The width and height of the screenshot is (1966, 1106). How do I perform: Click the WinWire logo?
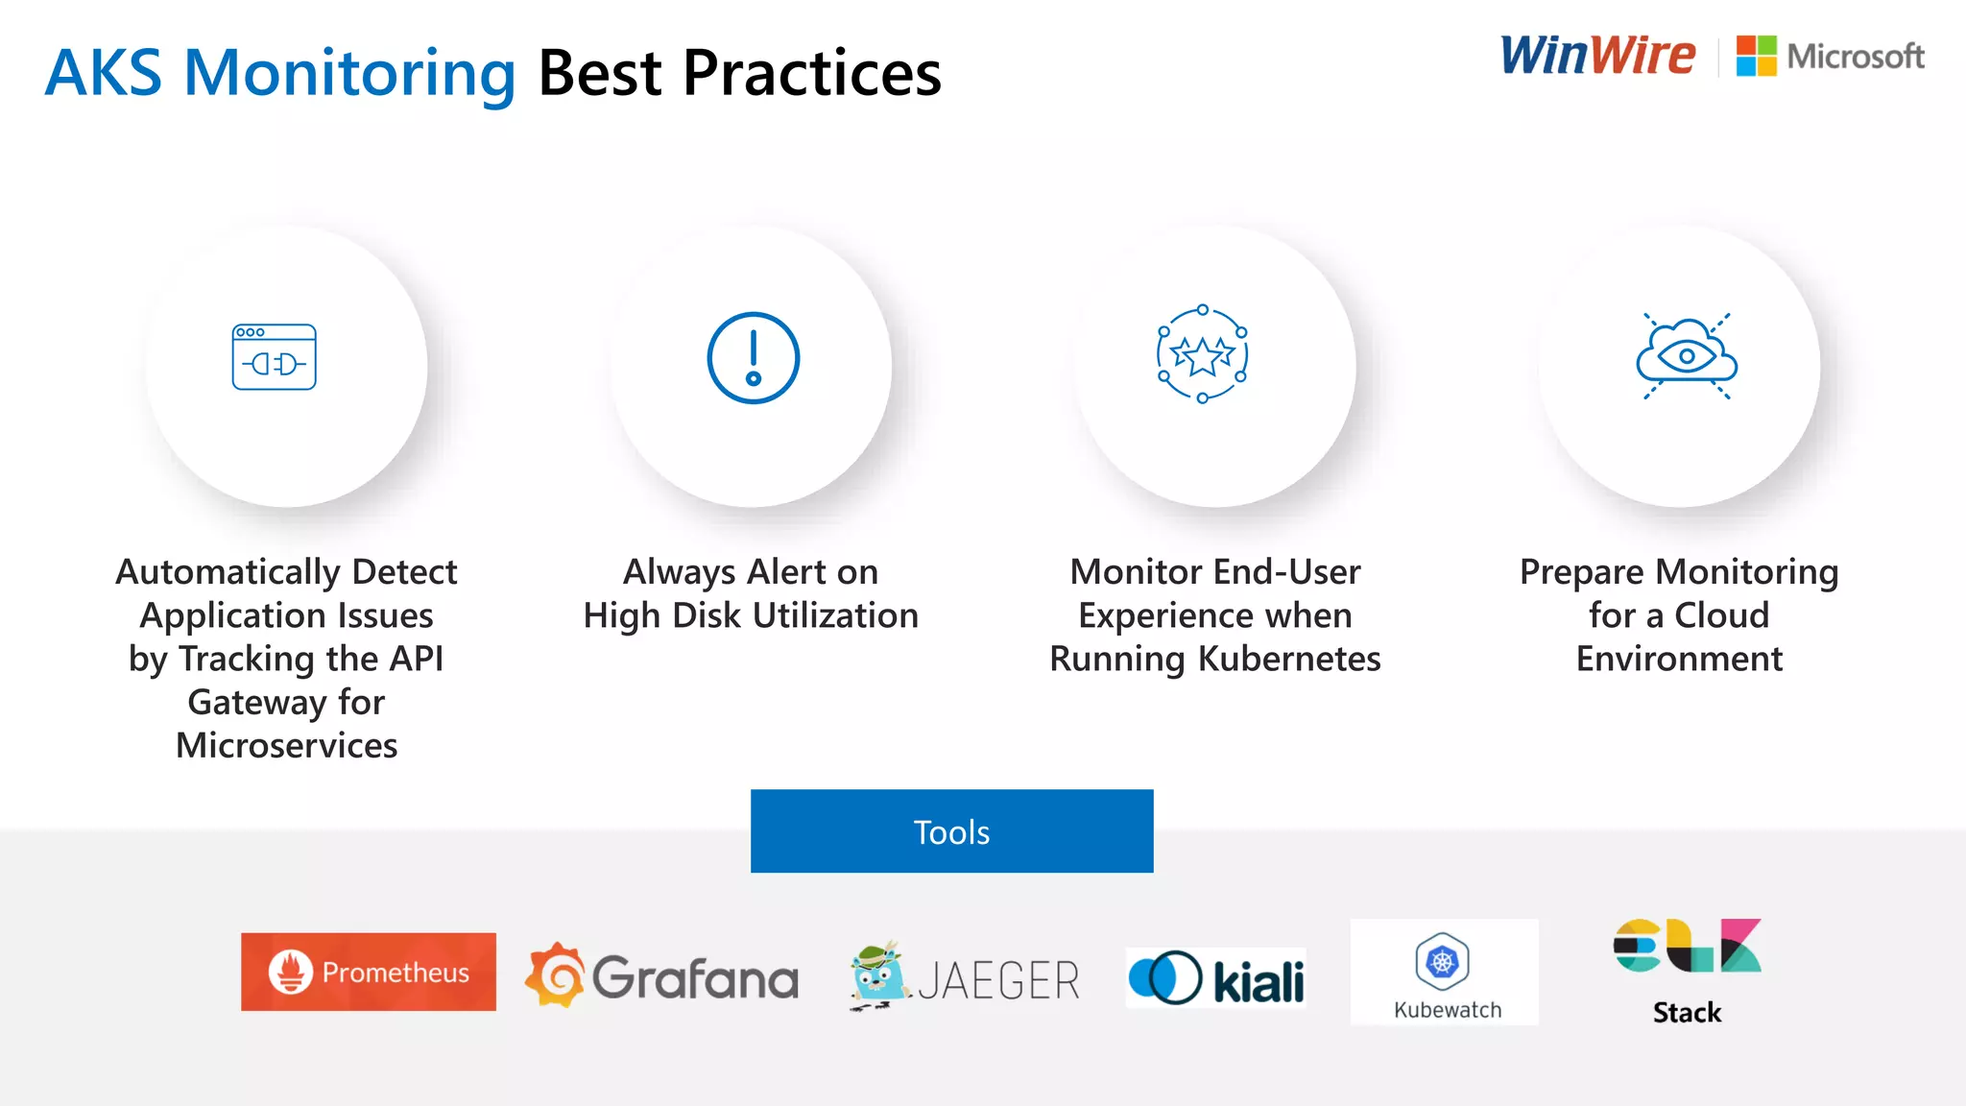click(x=1597, y=55)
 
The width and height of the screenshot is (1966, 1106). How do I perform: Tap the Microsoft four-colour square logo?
click(x=1756, y=56)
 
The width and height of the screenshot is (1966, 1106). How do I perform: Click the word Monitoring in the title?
click(x=350, y=74)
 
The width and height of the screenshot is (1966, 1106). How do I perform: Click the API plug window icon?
click(x=275, y=357)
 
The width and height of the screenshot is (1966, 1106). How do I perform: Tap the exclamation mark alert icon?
click(x=754, y=358)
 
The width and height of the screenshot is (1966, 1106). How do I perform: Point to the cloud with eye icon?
click(x=1687, y=356)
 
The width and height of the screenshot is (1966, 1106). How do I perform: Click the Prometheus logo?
click(x=369, y=972)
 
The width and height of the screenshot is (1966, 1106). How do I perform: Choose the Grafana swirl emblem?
click(x=555, y=975)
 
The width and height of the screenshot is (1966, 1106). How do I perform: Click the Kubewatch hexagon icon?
click(x=1442, y=960)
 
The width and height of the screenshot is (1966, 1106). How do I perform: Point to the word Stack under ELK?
click(x=1687, y=1013)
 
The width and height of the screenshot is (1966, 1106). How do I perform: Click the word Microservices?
click(x=286, y=746)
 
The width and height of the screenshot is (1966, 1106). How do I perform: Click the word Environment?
click(x=1679, y=660)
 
